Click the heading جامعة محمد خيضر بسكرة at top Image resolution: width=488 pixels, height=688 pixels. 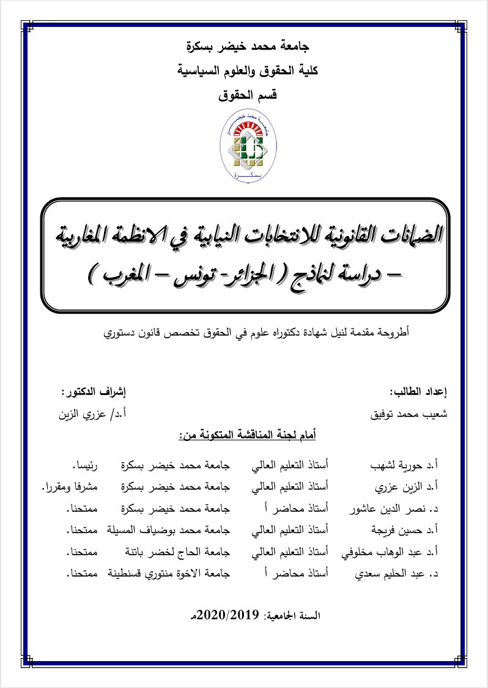(x=248, y=46)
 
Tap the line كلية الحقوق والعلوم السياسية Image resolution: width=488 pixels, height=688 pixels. (x=248, y=71)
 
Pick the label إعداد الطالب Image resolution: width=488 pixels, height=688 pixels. (x=418, y=391)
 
